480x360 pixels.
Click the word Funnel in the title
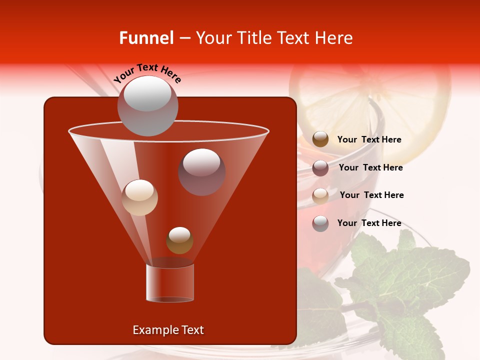[146, 38]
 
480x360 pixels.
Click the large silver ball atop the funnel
[147, 106]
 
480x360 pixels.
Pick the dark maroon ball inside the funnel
[201, 171]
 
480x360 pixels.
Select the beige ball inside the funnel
[139, 197]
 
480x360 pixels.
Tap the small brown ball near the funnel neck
[179, 240]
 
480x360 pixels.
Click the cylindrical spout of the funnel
[170, 283]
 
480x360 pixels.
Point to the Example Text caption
[168, 330]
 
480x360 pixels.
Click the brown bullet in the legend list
[320, 139]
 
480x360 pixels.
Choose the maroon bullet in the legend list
[320, 168]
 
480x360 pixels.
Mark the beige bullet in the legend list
[320, 196]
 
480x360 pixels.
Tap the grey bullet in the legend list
[320, 223]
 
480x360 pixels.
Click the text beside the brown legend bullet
[369, 140]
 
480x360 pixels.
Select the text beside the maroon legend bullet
[370, 168]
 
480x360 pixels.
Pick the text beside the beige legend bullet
[371, 195]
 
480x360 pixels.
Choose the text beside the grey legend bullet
[369, 223]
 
